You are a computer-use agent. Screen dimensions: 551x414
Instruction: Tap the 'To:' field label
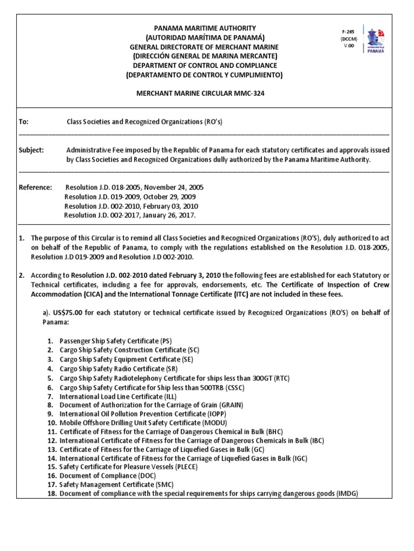(x=24, y=122)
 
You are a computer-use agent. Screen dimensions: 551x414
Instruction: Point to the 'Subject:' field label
(x=31, y=150)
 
